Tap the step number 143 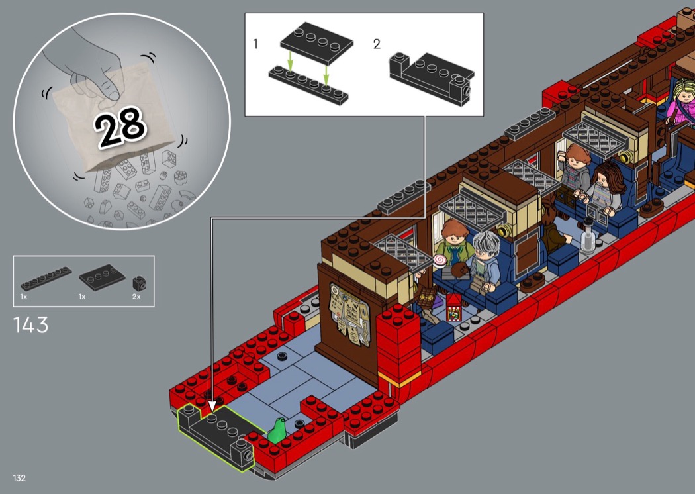coord(30,325)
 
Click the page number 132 coord(19,478)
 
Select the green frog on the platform coord(277,430)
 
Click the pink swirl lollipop coord(440,260)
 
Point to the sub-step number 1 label coord(255,44)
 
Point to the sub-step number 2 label coord(377,44)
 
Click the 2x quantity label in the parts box coord(136,296)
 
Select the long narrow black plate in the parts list coord(46,279)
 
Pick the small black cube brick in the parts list coord(139,283)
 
